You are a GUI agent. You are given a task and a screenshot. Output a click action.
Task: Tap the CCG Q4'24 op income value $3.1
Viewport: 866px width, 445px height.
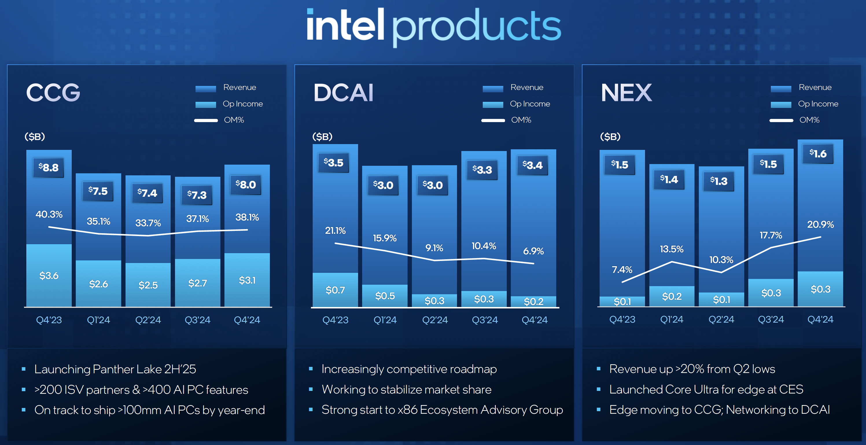(x=247, y=280)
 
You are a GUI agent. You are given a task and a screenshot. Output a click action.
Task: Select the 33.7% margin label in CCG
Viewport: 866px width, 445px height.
(x=148, y=223)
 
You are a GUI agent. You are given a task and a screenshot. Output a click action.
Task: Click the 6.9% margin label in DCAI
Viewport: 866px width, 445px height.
(x=533, y=251)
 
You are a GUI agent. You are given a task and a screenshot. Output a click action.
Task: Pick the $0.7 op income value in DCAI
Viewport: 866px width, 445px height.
(x=335, y=290)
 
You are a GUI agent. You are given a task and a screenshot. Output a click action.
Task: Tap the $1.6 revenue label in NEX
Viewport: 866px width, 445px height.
(x=818, y=154)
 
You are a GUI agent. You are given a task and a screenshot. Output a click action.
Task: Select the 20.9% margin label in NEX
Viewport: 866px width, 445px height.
(x=820, y=224)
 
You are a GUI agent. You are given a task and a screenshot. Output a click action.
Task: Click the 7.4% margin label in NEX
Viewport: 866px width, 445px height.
(x=622, y=269)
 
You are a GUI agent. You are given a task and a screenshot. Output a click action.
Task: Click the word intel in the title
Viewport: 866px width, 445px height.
(x=345, y=25)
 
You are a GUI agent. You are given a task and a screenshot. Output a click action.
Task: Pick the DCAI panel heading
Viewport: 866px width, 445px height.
(x=343, y=93)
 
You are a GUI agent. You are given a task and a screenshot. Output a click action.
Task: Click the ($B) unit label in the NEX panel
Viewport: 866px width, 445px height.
(x=610, y=137)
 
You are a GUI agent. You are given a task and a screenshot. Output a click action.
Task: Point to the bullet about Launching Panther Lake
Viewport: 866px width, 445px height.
(x=115, y=369)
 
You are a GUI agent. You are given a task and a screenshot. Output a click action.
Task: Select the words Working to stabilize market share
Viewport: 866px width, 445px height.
(x=406, y=389)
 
